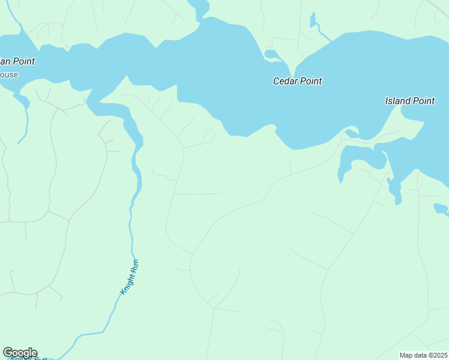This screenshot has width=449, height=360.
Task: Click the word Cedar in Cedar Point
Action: (286, 81)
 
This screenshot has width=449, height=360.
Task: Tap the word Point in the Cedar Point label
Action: (311, 81)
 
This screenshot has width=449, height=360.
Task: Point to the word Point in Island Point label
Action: (424, 101)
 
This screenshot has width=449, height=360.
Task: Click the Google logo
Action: (20, 353)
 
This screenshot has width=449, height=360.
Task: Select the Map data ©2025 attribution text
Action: (424, 355)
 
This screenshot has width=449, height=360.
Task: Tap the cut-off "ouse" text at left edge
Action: (9, 75)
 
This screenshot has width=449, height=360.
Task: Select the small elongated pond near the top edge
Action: (313, 20)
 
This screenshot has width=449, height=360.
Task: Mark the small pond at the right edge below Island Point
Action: (441, 209)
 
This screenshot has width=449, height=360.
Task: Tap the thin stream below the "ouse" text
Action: (24, 120)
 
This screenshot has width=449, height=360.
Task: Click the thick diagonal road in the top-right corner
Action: (438, 7)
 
